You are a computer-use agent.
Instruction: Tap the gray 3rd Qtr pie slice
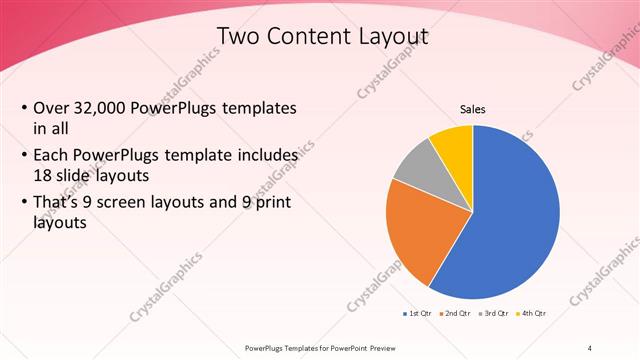[414, 165]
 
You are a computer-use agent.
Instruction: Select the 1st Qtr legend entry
[418, 314]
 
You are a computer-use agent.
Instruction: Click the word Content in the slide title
[313, 38]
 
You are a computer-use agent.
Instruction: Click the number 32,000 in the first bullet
[104, 108]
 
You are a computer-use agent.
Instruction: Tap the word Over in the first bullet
[52, 108]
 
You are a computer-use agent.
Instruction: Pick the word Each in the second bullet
[52, 156]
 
